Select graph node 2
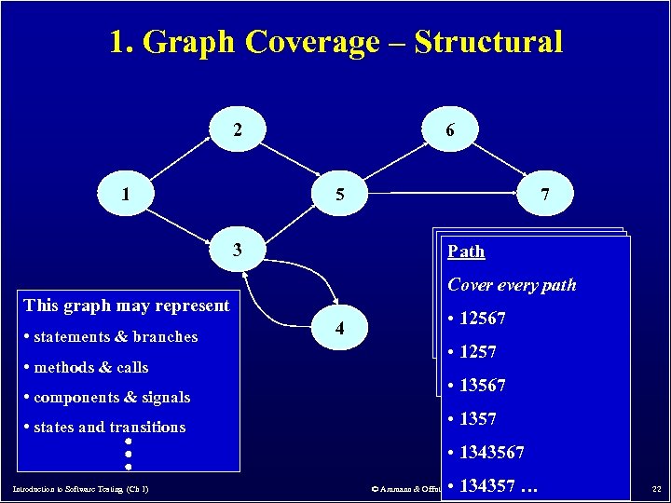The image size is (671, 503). (x=237, y=130)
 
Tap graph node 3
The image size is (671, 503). (x=237, y=250)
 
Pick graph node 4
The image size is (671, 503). (x=342, y=329)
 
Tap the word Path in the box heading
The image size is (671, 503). (x=466, y=251)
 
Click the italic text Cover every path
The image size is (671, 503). (x=512, y=285)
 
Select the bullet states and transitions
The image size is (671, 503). (x=109, y=428)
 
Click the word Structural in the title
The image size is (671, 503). (x=488, y=42)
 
